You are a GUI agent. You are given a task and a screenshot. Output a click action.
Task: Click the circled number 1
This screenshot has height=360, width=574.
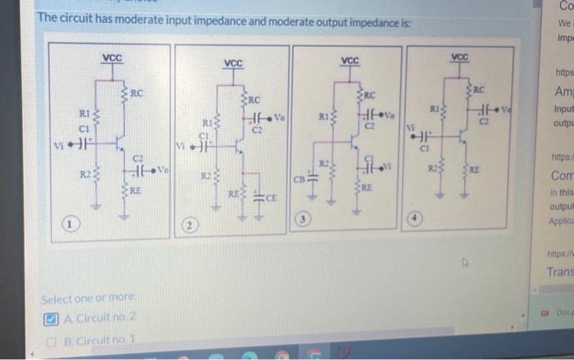(73, 223)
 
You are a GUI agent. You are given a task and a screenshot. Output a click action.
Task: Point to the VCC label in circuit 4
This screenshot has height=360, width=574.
(461, 57)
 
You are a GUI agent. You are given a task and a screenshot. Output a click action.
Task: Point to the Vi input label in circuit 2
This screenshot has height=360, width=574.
(182, 147)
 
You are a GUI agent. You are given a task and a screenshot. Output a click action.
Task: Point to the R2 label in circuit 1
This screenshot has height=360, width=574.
(84, 172)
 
